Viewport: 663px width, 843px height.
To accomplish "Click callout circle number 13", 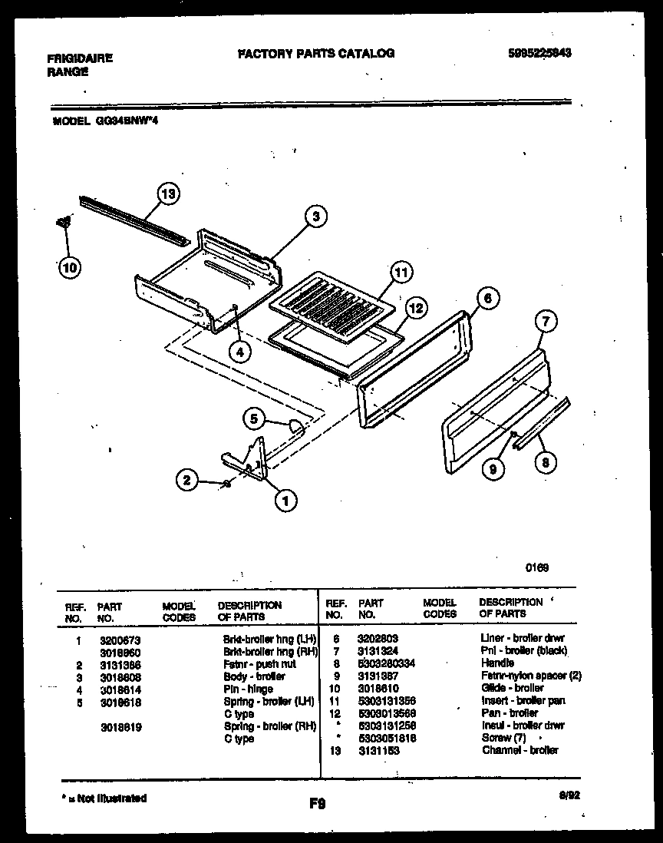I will (x=168, y=194).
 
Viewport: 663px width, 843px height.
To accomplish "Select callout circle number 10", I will (x=69, y=268).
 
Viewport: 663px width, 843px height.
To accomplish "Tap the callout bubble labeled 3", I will (x=315, y=217).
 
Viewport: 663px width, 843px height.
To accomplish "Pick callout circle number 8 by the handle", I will (x=546, y=462).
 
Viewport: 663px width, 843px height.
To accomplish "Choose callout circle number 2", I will (x=186, y=481).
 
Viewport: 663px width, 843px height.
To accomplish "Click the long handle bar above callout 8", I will (x=542, y=421).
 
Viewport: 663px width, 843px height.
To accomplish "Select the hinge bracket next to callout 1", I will (x=249, y=461).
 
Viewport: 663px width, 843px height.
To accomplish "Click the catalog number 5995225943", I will (x=541, y=53).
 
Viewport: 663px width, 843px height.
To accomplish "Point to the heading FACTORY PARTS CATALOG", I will (x=316, y=53).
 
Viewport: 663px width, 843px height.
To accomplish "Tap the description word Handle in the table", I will (x=498, y=663).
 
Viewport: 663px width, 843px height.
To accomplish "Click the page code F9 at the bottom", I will (x=317, y=804).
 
